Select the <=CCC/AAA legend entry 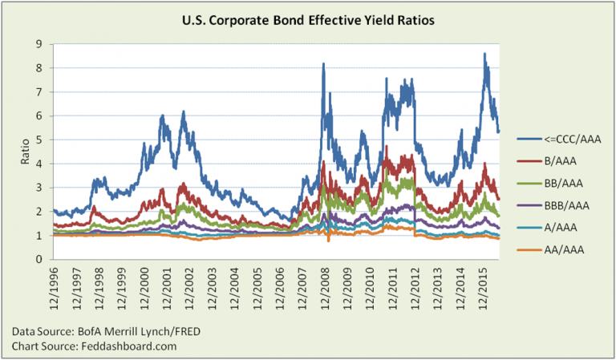point(561,137)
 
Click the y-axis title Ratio point(24,152)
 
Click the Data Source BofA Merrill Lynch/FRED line point(93,331)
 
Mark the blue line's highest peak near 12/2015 point(485,54)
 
